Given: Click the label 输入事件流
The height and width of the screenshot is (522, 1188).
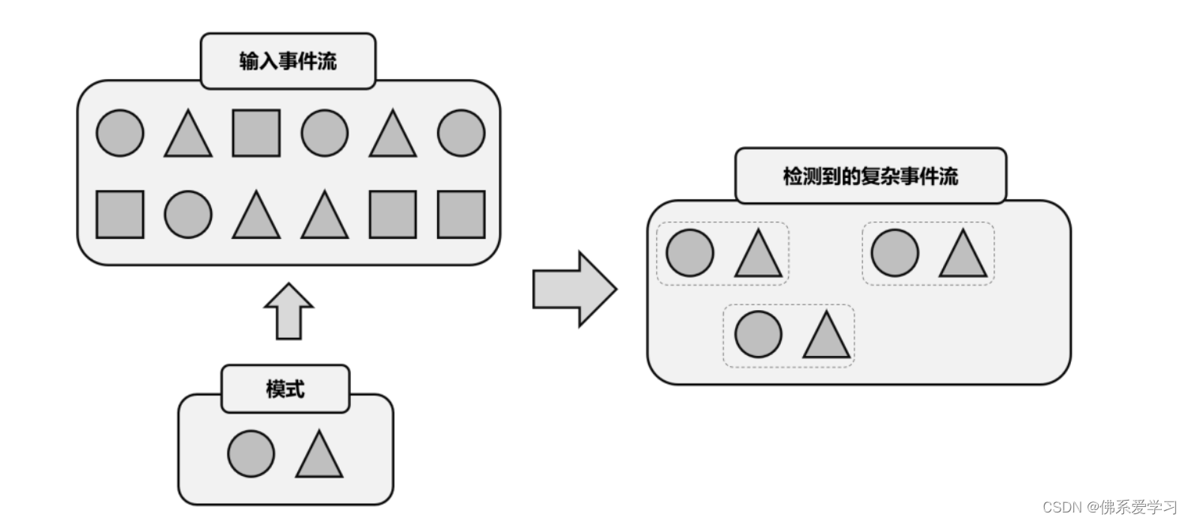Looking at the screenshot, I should point(288,62).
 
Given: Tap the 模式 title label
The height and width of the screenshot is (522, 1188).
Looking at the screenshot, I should point(285,389).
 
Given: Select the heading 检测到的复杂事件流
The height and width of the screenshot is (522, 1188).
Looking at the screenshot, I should point(870,176).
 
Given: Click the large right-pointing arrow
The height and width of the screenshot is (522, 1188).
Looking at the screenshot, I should point(574,289).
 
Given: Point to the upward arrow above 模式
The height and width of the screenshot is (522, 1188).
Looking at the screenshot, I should point(289,311).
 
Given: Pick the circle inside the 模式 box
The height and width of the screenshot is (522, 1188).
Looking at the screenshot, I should point(251,454).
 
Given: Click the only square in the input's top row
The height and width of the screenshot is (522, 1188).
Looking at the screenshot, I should point(256,133).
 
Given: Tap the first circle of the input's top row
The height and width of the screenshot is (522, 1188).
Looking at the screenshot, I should point(120,133).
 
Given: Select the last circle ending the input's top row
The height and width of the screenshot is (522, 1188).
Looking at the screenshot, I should point(461,133).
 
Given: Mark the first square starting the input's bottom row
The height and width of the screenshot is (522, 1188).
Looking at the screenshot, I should point(120,214).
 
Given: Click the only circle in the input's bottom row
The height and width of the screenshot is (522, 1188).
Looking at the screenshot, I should point(188,214).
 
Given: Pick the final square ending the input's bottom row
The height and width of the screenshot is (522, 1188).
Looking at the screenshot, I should point(461,214).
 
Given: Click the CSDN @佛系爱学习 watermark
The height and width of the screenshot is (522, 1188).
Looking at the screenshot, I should point(1109,507).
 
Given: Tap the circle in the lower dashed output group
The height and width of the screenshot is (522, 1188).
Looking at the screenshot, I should point(758,335).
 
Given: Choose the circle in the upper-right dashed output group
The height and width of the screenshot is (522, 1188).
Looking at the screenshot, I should point(895,253).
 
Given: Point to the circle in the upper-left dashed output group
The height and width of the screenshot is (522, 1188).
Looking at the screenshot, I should point(690,253).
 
